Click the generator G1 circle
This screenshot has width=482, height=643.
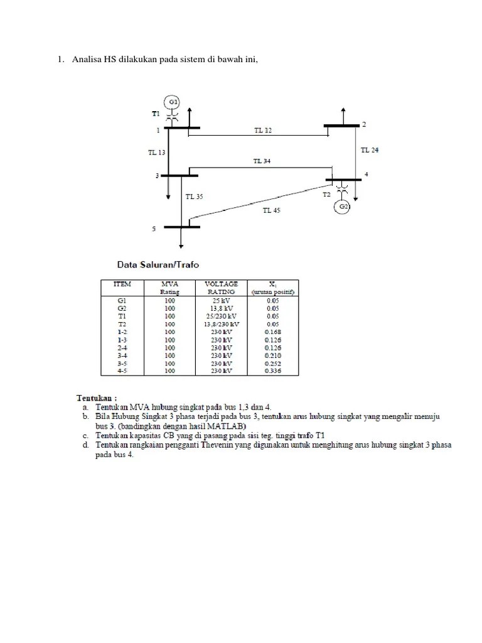(173, 102)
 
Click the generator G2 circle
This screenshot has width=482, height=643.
(343, 206)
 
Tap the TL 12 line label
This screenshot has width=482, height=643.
(263, 131)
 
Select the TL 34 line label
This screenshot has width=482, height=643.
(262, 161)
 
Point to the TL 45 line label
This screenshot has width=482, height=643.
(271, 210)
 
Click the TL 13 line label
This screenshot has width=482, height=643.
(157, 152)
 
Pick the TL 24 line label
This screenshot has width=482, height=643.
(370, 150)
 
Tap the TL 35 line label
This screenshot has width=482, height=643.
(194, 197)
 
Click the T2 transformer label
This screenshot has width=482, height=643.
(326, 195)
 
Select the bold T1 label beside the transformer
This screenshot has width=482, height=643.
(156, 114)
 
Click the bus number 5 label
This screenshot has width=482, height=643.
(154, 229)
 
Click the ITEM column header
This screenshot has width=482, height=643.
(122, 284)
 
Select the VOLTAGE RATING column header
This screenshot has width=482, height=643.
(222, 288)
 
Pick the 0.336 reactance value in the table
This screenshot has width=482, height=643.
(273, 370)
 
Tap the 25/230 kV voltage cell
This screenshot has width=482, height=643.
(222, 316)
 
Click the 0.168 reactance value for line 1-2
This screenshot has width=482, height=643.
(273, 332)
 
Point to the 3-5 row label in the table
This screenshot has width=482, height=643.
(122, 363)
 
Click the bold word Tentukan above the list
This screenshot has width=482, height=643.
(97, 397)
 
